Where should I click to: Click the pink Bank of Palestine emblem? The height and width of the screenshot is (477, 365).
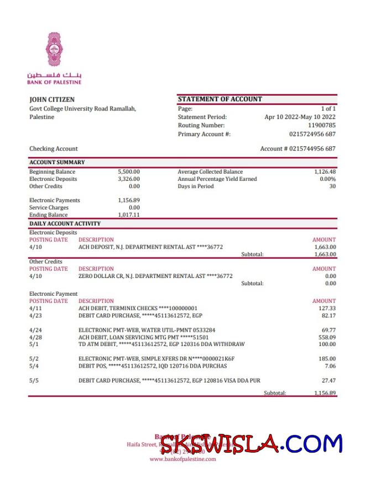54,50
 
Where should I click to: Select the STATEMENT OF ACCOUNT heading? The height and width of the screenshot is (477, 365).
220,99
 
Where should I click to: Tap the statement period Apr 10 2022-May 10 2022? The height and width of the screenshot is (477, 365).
300,117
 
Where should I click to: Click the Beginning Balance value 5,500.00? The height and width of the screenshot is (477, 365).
129,172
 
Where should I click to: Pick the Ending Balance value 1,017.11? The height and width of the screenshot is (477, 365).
129,215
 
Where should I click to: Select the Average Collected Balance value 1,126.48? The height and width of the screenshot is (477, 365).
325,172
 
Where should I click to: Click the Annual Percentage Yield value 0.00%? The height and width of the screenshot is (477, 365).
327,179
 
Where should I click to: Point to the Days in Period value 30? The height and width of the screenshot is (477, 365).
332,186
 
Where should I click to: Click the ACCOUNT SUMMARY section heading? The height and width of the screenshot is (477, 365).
57,163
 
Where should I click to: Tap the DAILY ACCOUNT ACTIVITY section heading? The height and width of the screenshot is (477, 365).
65,223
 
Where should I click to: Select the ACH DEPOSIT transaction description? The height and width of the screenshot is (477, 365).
150,247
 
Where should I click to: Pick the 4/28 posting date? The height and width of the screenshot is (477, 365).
35,337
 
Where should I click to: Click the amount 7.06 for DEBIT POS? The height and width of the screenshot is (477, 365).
330,365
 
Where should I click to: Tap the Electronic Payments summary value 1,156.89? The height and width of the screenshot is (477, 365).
129,200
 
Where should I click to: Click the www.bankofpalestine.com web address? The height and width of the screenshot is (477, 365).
177,459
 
